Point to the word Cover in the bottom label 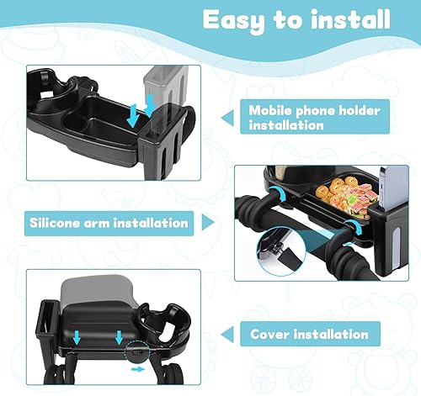(x=271, y=334)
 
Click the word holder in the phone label (x=359, y=110)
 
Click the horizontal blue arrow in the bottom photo (x=138, y=368)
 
